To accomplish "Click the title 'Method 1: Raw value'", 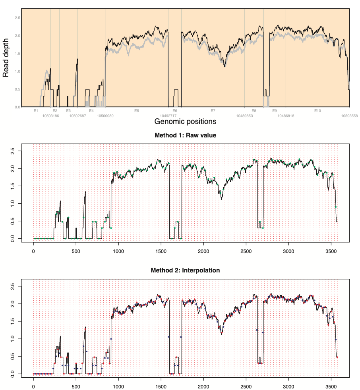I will [x=185, y=135].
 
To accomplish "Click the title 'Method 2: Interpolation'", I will [x=185, y=270].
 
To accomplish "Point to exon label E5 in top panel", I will [x=137, y=110].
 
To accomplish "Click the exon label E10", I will [x=317, y=110].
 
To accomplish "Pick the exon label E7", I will [x=213, y=110].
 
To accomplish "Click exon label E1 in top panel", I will [x=36, y=110].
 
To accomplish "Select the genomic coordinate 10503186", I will [x=50, y=116].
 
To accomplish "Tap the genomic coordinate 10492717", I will [x=168, y=116].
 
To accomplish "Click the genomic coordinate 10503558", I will [x=350, y=116].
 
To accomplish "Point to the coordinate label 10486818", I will [x=286, y=116].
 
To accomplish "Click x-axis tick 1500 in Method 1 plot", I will [x=161, y=251].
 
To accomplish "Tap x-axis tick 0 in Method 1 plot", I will [x=34, y=251].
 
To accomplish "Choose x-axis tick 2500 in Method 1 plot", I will [x=246, y=251].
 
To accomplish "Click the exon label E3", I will [x=68, y=110].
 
